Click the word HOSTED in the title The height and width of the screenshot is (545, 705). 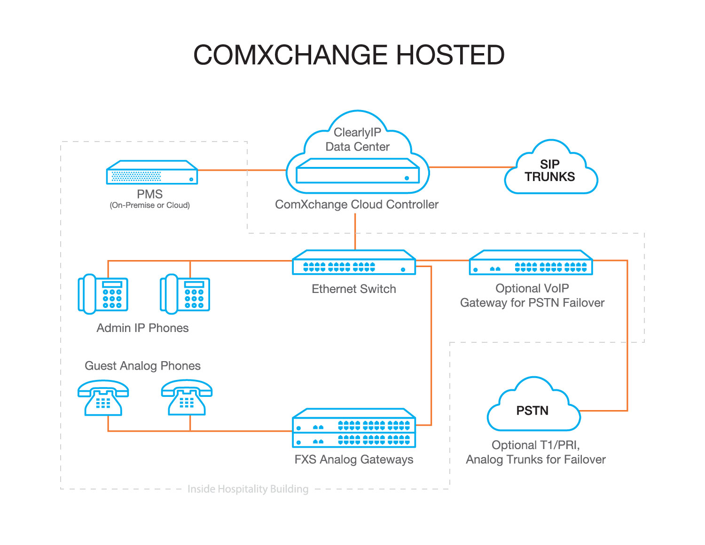(x=450, y=55)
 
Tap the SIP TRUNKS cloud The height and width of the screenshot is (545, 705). (x=550, y=170)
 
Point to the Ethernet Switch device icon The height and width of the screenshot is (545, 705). (x=354, y=262)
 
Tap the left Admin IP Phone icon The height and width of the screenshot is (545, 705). (x=103, y=294)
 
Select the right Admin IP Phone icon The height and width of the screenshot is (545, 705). (x=185, y=294)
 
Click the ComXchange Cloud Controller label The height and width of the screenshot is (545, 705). (x=357, y=205)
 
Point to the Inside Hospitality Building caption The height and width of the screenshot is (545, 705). (x=248, y=489)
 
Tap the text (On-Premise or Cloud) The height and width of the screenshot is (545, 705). (x=150, y=205)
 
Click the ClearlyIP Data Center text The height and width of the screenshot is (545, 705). (x=357, y=140)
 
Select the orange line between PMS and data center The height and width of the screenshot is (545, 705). (x=242, y=170)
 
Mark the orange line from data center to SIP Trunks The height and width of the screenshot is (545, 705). (x=472, y=167)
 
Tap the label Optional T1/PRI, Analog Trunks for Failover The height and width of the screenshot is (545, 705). (x=536, y=452)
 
